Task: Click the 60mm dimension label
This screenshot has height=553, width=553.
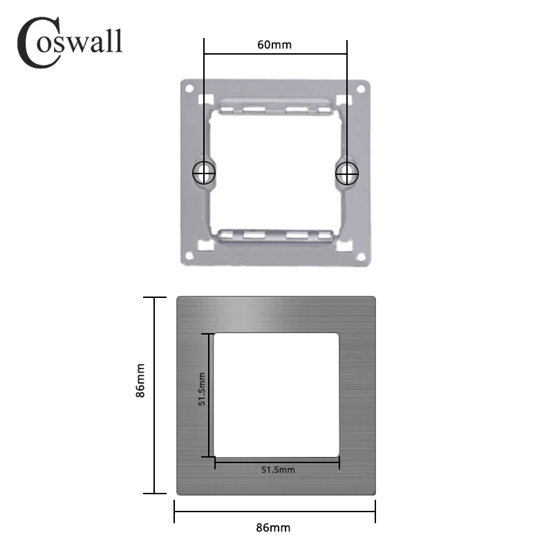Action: [274, 45]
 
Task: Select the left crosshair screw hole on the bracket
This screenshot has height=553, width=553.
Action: [203, 173]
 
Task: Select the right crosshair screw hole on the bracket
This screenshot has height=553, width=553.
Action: [346, 173]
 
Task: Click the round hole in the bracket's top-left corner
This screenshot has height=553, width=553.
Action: [188, 88]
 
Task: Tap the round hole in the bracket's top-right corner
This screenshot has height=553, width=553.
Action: [360, 88]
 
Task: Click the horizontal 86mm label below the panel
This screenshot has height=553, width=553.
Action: [274, 527]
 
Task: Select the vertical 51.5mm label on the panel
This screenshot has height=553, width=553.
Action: [202, 391]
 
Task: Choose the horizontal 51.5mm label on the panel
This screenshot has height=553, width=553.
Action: [278, 470]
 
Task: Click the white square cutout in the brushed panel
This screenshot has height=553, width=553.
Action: [276, 394]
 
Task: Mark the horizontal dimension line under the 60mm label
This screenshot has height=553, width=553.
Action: [274, 54]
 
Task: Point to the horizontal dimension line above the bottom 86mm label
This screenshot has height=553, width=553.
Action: [274, 512]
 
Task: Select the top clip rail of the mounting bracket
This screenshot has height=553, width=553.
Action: [274, 107]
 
